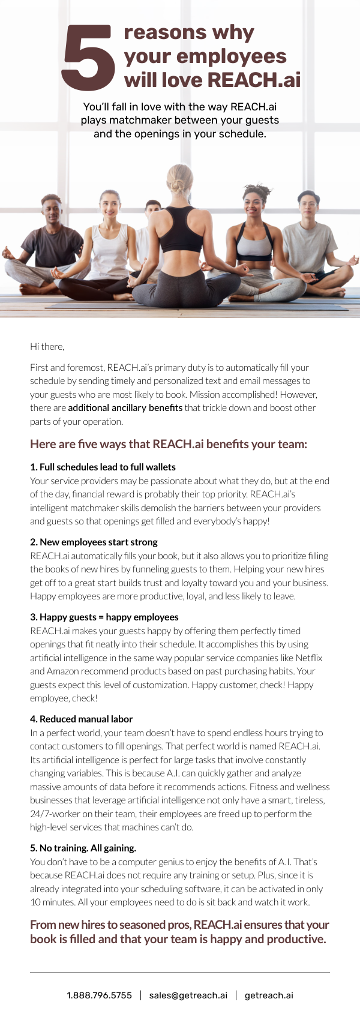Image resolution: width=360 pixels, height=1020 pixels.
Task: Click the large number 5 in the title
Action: pyautogui.click(x=88, y=58)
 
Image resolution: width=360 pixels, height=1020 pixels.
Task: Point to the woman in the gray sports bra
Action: pyautogui.click(x=255, y=240)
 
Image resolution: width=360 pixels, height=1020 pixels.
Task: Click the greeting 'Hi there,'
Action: pyautogui.click(x=47, y=346)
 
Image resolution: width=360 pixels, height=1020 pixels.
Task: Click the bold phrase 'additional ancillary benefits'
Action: pyautogui.click(x=125, y=408)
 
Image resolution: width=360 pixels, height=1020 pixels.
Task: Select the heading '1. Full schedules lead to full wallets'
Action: pyautogui.click(x=103, y=467)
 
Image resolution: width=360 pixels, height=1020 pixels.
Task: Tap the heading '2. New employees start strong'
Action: pyautogui.click(x=94, y=542)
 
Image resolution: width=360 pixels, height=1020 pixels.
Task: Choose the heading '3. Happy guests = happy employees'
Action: pyautogui.click(x=104, y=617)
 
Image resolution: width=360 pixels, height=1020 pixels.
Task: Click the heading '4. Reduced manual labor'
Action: pyautogui.click(x=81, y=719)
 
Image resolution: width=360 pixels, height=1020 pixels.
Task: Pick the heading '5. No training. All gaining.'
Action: pyautogui.click(x=83, y=848)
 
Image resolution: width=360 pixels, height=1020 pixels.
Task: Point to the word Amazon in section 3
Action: pyautogui.click(x=62, y=671)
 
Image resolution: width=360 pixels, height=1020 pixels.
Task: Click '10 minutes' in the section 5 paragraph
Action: pyautogui.click(x=50, y=902)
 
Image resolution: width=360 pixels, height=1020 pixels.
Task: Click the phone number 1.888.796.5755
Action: pyautogui.click(x=99, y=995)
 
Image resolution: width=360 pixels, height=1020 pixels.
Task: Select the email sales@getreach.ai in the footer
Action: pyautogui.click(x=188, y=995)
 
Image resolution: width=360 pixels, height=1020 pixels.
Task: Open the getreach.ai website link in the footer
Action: pyautogui.click(x=269, y=995)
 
